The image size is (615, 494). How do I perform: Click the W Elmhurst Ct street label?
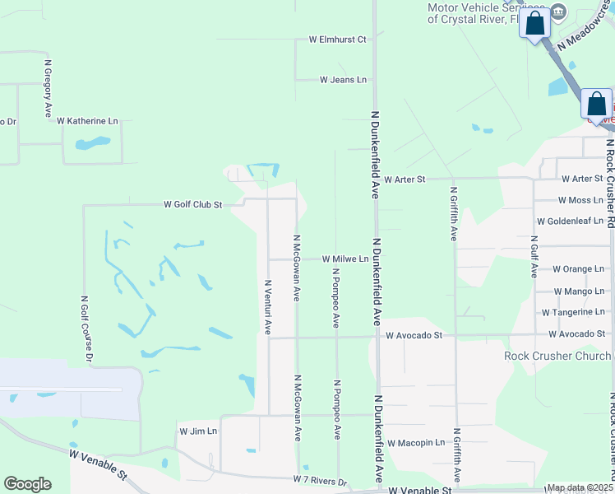point(337,39)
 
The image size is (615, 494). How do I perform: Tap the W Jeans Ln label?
point(343,80)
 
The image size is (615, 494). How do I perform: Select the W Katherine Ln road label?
point(87,121)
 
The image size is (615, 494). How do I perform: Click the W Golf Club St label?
point(193,204)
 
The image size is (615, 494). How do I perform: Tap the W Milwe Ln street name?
point(344,259)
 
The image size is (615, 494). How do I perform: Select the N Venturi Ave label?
point(267,305)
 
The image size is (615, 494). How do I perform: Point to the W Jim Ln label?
point(198,431)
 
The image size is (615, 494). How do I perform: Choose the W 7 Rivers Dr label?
point(321,480)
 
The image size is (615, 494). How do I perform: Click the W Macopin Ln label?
point(416,443)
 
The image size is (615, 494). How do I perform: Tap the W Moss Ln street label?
point(580,200)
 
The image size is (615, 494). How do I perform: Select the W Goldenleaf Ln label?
point(570,221)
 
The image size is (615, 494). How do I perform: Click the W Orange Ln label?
point(578,269)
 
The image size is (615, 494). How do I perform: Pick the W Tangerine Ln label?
point(574,312)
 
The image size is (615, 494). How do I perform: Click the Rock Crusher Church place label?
point(558,356)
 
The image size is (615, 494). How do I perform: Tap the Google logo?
point(27,484)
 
